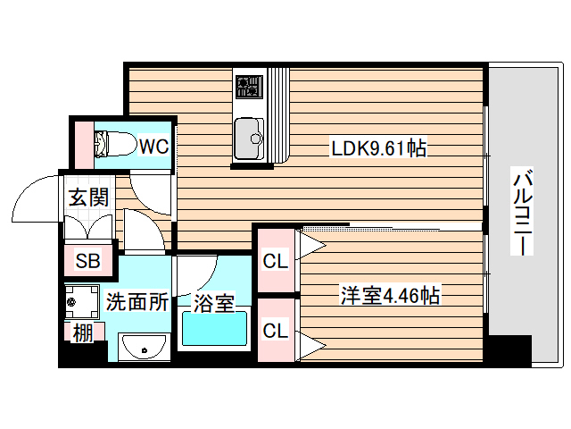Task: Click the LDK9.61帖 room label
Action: (378, 149)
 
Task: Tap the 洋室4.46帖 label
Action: (390, 294)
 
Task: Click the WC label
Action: (153, 145)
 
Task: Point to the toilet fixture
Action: (112, 143)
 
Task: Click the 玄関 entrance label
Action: (87, 197)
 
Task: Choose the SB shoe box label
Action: (87, 262)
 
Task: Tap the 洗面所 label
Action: (137, 302)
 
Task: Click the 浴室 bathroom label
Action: (214, 303)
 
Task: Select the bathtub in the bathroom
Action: (214, 331)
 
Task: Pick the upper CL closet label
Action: (275, 263)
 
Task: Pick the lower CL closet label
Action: (275, 331)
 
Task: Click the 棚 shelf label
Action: (82, 333)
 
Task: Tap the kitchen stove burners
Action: (249, 87)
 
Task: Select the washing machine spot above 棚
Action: (82, 302)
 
